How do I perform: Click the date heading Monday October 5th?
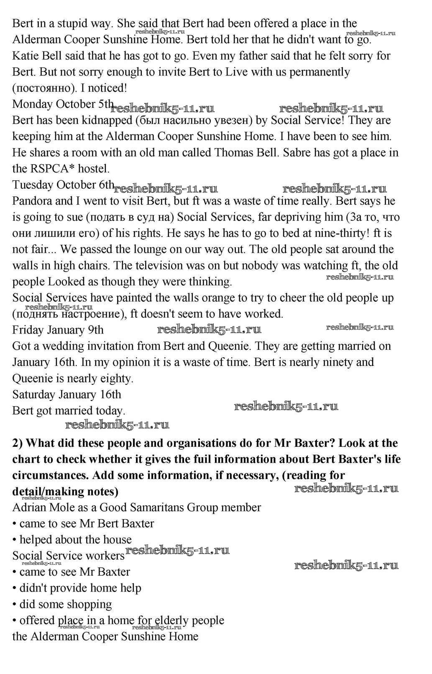(63, 104)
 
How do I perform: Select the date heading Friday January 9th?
(58, 330)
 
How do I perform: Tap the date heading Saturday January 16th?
(66, 395)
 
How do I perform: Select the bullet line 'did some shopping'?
(66, 605)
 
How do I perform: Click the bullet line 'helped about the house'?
(75, 540)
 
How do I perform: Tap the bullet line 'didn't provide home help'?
(80, 588)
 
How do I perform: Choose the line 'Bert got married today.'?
(69, 411)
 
